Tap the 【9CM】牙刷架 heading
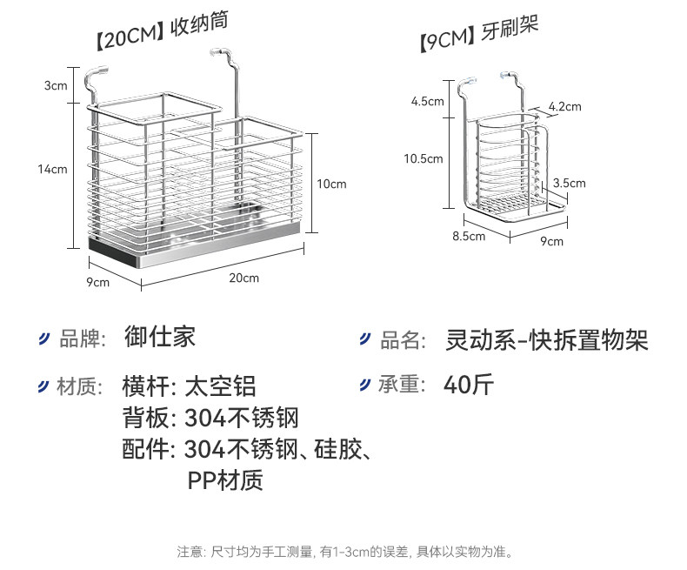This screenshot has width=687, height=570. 477,34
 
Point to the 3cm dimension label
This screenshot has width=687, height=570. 56,85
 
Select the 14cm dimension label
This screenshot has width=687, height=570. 52,169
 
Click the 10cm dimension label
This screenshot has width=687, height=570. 330,184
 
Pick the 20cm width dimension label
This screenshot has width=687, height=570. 243,278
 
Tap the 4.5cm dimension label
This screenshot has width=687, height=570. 428,101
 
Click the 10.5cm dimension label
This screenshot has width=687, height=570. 424,158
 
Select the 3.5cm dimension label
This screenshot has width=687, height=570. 570,183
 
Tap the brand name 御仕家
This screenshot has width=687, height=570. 160,338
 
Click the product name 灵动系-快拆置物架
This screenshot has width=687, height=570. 547,339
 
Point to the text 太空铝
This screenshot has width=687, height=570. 221,386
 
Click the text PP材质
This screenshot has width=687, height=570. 225,479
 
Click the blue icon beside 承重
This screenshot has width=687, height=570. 366,385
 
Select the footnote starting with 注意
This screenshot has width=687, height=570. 344,551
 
